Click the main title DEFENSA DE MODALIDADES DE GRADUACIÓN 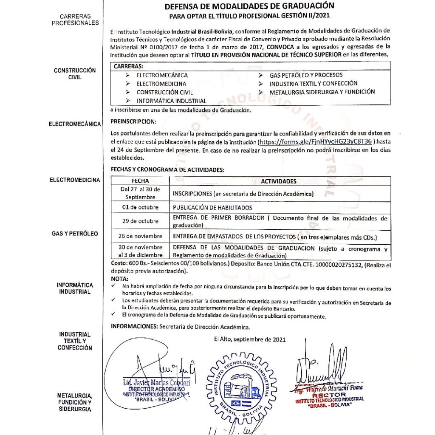(x=249, y=6)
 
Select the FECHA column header (x=140, y=181)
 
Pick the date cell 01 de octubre (x=140, y=207)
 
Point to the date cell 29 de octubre (x=140, y=221)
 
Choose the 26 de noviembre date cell (x=140, y=236)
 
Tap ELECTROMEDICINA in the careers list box (x=161, y=84)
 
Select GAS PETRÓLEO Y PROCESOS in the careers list (x=306, y=75)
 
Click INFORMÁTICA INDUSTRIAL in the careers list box (x=171, y=101)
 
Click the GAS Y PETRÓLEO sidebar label (x=75, y=234)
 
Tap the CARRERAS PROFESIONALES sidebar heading (x=75, y=20)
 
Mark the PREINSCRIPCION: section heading (x=132, y=121)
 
